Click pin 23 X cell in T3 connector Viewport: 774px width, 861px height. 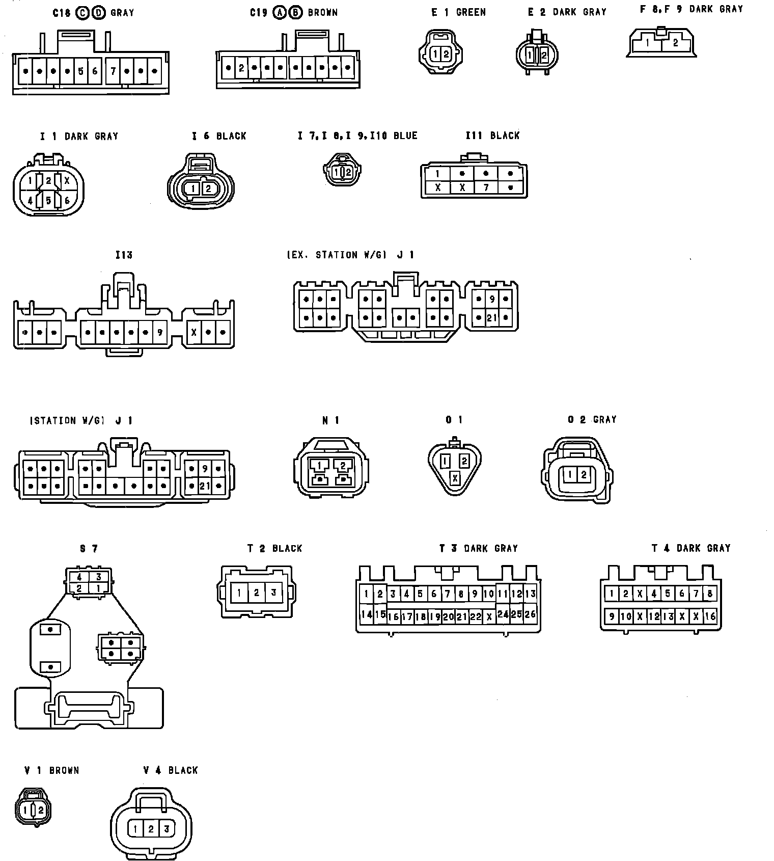[489, 616]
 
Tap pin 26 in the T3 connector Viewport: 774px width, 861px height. [530, 614]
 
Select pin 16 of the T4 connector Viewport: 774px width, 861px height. [710, 616]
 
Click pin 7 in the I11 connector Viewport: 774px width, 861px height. [486, 187]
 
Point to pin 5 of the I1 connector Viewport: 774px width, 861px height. [48, 200]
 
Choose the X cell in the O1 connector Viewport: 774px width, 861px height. [455, 478]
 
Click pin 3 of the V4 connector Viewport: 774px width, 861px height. [166, 829]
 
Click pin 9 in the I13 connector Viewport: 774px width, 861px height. [160, 333]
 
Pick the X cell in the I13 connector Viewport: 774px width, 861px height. [193, 333]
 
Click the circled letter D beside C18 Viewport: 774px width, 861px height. [99, 13]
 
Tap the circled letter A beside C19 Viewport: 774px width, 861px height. [279, 12]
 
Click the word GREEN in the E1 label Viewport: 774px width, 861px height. [471, 12]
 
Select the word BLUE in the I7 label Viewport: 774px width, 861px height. [405, 136]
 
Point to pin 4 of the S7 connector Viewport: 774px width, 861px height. [79, 577]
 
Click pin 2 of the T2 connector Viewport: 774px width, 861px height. [257, 593]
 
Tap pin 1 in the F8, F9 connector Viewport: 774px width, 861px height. [647, 43]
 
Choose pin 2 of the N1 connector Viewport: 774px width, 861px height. [343, 465]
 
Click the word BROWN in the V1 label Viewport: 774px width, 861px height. [64, 770]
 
